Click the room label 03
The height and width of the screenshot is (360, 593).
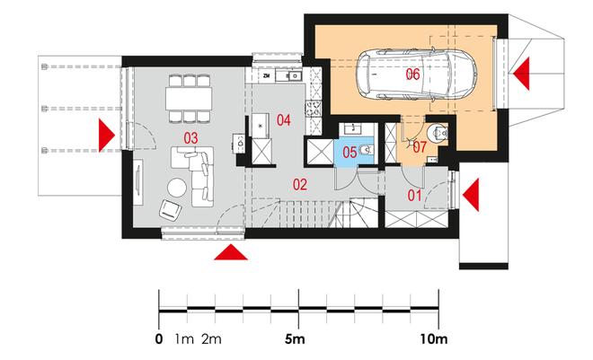tap(190, 138)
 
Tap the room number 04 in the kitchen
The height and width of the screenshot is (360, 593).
tap(283, 120)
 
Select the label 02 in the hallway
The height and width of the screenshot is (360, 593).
tap(300, 184)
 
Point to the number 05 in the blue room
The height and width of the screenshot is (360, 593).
tap(350, 153)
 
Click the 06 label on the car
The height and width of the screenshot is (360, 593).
tap(412, 74)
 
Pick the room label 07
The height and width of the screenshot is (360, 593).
tap(420, 147)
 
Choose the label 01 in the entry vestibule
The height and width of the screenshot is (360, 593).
tap(414, 196)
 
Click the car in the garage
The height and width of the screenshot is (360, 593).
tap(417, 74)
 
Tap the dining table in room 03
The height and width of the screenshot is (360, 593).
tap(189, 99)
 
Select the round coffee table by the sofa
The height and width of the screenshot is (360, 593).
tap(177, 188)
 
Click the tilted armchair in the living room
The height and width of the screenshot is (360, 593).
tap(170, 210)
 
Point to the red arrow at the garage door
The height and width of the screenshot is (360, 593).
tap(521, 74)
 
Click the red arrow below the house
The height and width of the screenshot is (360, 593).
tap(231, 252)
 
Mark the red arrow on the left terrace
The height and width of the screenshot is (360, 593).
tap(107, 136)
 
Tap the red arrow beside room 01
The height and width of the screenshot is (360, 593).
tap(471, 195)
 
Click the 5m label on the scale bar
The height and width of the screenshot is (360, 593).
tap(295, 339)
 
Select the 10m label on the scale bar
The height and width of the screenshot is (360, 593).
tap(433, 339)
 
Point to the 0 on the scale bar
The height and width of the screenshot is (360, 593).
tap(159, 339)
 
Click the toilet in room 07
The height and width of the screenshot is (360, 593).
tap(437, 133)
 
